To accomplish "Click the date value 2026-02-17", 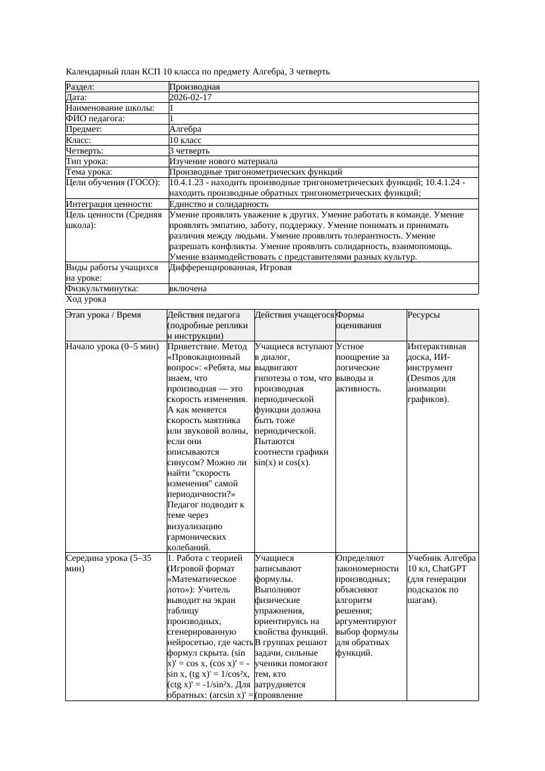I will (190, 98).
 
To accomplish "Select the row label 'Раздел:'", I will (80, 87).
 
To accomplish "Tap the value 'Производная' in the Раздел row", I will (194, 87).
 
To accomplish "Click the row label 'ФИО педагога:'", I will (96, 119).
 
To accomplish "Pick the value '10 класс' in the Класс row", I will (185, 140).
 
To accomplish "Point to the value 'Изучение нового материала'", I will (223, 161).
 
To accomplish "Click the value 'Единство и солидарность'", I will (219, 204).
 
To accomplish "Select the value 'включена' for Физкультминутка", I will (188, 289).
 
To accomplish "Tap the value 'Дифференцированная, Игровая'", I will (230, 268).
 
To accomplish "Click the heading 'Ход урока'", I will (86, 299).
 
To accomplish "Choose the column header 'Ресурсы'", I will (424, 315).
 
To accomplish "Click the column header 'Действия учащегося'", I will (294, 315).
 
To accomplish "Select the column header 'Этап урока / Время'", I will (103, 315).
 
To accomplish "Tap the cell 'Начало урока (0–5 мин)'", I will (113, 347).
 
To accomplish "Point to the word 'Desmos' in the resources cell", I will (426, 378).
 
